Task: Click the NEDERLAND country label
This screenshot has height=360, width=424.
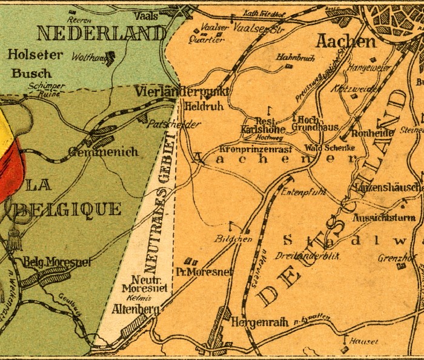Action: [101, 32]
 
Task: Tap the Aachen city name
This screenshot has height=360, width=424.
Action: [345, 41]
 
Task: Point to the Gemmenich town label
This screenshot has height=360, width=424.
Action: [103, 152]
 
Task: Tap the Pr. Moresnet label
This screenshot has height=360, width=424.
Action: [203, 272]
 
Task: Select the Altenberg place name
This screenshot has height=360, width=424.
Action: [136, 310]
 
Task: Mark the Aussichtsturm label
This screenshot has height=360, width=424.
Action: [383, 217]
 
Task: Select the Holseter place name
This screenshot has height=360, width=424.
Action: [35, 55]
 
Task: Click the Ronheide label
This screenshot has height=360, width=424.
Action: [373, 132]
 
